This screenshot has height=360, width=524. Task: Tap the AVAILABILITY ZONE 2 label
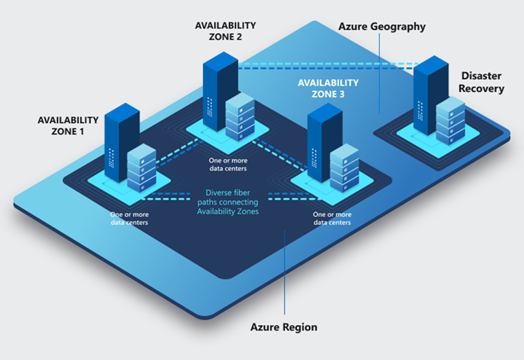225,31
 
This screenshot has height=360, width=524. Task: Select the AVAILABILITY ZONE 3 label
328,88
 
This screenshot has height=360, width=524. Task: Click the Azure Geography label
382,27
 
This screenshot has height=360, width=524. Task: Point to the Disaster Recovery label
483,81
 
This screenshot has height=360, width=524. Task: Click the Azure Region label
284,327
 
